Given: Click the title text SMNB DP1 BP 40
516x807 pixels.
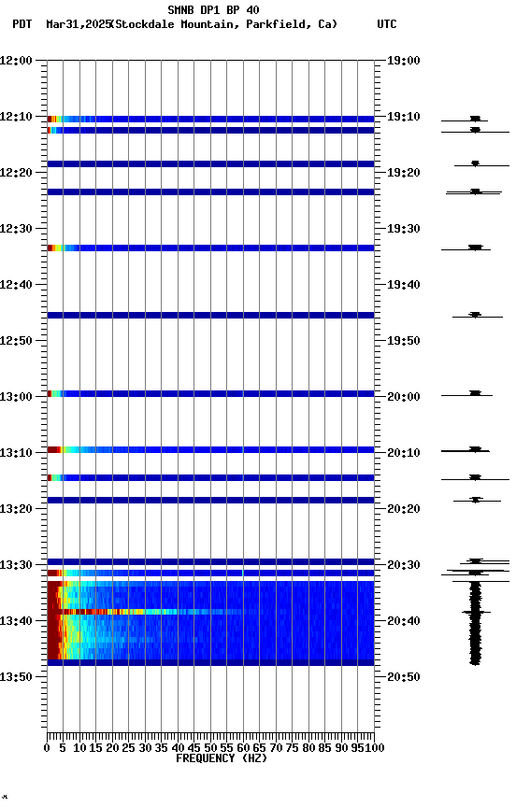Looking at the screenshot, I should [x=213, y=10].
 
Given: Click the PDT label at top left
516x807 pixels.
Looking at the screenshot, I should [x=21, y=24].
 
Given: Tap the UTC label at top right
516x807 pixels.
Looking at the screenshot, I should [x=386, y=24].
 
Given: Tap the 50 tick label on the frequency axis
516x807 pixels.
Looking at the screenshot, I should [x=210, y=747].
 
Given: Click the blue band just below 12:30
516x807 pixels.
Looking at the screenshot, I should [x=210, y=248].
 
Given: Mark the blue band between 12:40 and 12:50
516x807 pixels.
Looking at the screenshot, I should [x=210, y=316].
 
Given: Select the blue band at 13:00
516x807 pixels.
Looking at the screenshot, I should [x=210, y=394].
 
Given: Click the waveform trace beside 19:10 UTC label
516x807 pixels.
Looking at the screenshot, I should [x=475, y=120].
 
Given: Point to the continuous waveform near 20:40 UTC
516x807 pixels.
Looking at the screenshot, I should [x=475, y=621].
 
